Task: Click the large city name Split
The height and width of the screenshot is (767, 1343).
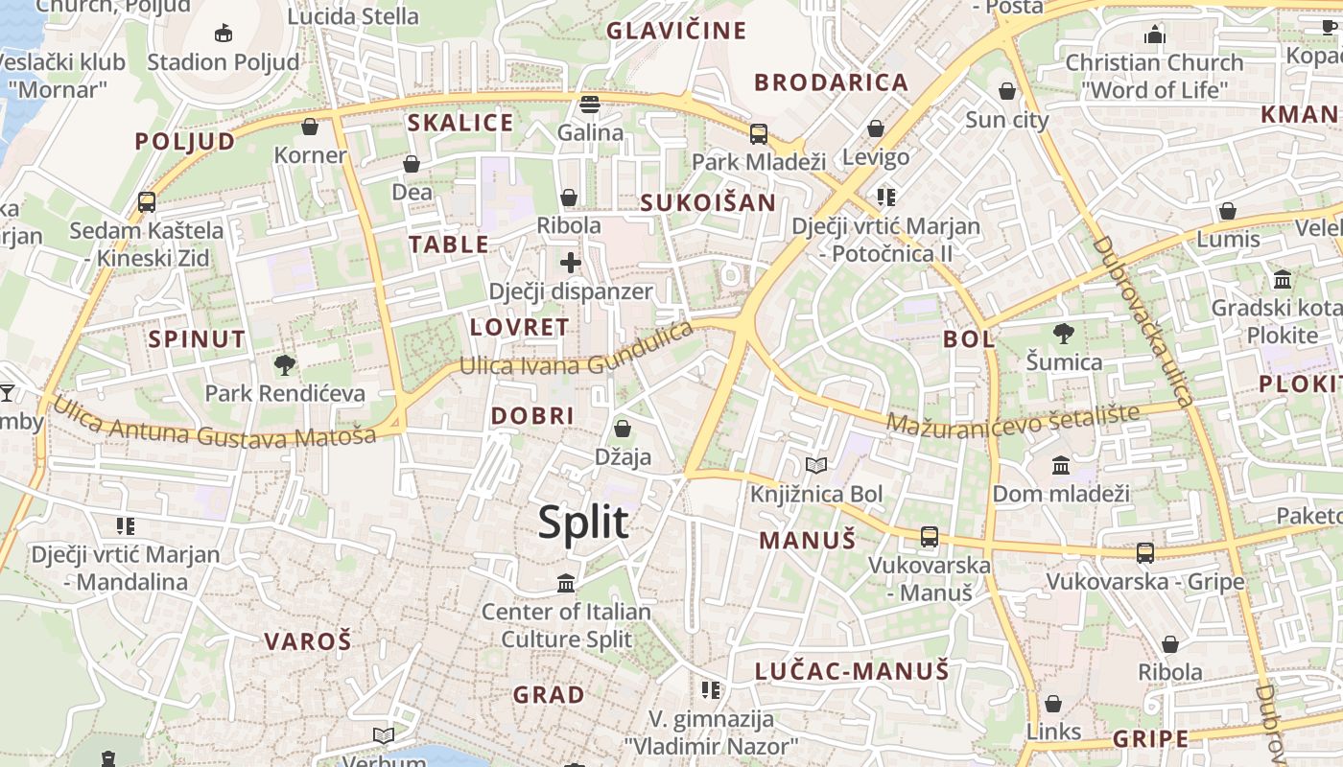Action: tap(583, 523)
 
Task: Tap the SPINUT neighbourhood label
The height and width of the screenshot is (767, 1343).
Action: tap(197, 338)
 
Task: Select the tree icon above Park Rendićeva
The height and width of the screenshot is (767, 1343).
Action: tap(284, 364)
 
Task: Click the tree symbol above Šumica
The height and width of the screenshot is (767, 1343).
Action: tap(1063, 334)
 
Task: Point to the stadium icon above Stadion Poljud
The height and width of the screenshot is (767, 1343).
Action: tap(224, 34)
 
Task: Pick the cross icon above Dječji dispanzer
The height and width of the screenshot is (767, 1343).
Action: tap(571, 262)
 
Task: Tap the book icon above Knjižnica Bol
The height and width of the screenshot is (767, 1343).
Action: tap(816, 466)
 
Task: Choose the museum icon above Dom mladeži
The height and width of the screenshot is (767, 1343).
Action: tap(1061, 466)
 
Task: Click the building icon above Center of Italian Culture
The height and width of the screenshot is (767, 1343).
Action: tap(566, 583)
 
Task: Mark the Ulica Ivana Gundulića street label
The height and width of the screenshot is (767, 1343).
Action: tap(577, 355)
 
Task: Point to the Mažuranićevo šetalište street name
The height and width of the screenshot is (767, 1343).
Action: tap(1013, 419)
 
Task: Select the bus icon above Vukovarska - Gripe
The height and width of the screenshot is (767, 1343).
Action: tap(1145, 553)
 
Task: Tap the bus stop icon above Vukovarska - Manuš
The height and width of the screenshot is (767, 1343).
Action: tap(930, 537)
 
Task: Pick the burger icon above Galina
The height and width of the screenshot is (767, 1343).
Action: tap(590, 104)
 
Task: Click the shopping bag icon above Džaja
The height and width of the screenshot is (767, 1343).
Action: tap(623, 429)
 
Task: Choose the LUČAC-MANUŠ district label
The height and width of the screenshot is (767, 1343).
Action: tap(852, 670)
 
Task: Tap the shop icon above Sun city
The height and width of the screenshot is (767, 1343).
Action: tap(1007, 92)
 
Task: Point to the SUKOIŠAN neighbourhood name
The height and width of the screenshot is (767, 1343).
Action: tap(708, 202)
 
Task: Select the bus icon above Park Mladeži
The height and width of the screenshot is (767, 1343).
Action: tap(759, 133)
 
